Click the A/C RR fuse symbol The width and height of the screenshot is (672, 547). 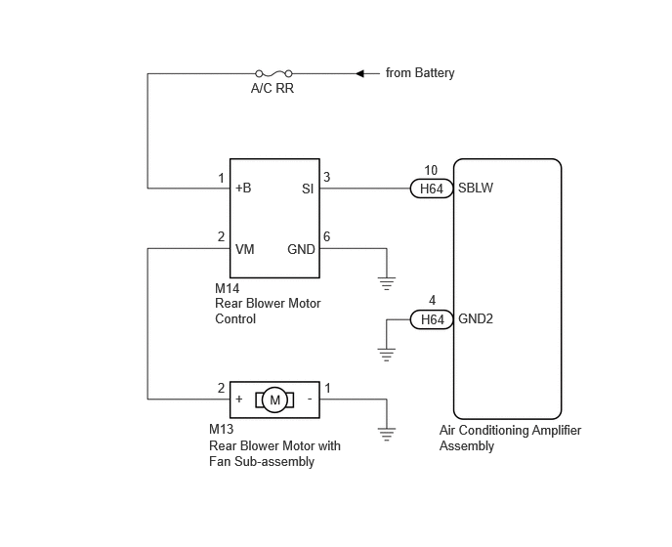click(x=273, y=73)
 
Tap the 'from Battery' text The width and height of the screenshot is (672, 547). click(x=420, y=73)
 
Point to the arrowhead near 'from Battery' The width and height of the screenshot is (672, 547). click(x=360, y=73)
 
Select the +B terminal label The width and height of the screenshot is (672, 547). click(x=243, y=188)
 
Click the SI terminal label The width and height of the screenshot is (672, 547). click(x=308, y=189)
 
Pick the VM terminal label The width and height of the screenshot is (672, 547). click(x=245, y=249)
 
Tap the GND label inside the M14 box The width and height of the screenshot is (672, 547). click(x=301, y=249)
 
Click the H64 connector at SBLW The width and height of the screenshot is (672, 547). click(x=432, y=189)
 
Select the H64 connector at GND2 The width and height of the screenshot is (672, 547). click(x=432, y=319)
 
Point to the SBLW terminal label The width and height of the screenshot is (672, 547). click(x=476, y=188)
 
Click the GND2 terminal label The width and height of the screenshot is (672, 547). click(x=476, y=319)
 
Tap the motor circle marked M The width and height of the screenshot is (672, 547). click(x=274, y=400)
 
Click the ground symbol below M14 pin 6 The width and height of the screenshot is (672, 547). click(x=387, y=284)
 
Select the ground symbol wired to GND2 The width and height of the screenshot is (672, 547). click(x=387, y=355)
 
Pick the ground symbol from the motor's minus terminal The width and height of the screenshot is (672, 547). click(x=387, y=435)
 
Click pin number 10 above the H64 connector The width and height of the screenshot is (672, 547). click(x=431, y=170)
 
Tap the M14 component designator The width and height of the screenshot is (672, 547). click(x=228, y=288)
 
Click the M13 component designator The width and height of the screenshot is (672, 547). click(x=221, y=429)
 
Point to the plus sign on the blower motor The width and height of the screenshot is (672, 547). click(x=239, y=400)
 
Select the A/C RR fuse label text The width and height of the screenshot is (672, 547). click(x=273, y=88)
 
